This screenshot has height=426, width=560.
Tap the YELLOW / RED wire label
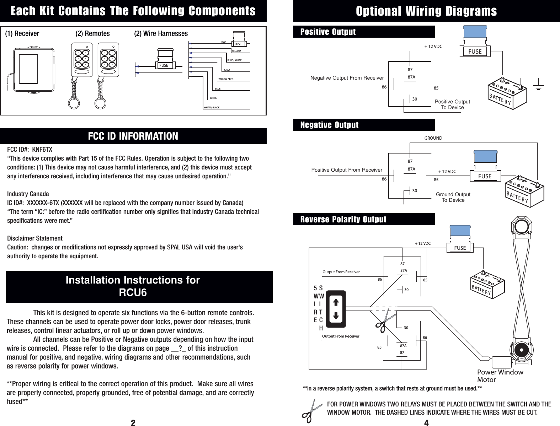(226, 79)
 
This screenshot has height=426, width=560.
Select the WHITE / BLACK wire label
(211, 107)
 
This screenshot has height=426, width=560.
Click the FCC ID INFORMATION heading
(133, 136)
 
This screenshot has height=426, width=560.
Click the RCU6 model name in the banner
(133, 293)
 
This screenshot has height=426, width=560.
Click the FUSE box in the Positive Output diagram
(475, 52)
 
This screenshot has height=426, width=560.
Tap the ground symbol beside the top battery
(539, 87)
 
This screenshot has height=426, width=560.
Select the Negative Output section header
(329, 125)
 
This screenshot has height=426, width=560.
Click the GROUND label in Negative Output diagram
(433, 138)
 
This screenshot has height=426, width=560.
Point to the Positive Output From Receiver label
(347, 170)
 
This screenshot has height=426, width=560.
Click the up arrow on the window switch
(336, 302)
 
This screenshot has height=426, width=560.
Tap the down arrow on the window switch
(336, 316)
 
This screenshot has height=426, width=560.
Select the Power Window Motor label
(500, 376)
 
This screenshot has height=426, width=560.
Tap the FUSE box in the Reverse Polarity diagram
(460, 248)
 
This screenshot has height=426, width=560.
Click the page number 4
(426, 422)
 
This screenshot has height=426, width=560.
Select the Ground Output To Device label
(453, 197)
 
